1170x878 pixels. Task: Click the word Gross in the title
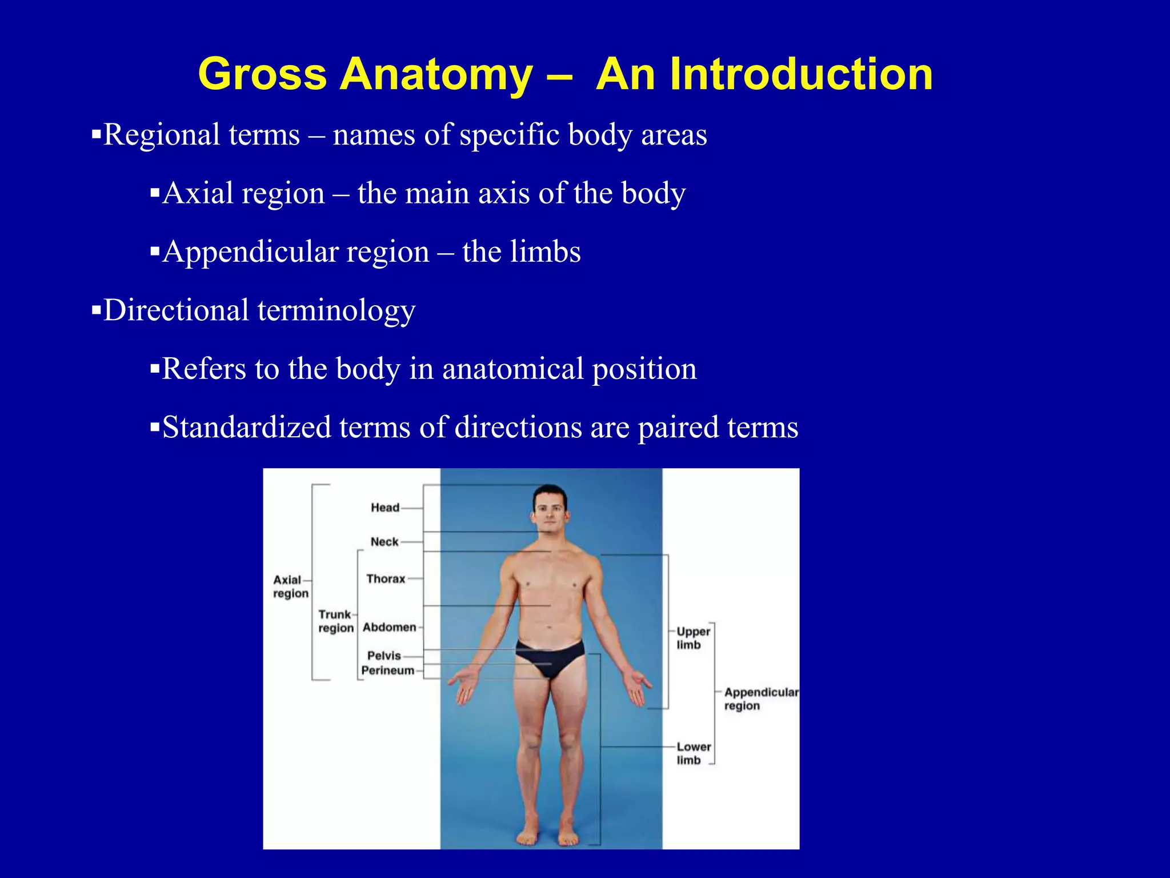[262, 74]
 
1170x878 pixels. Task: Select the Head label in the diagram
[384, 508]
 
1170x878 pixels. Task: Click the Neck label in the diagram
[384, 542]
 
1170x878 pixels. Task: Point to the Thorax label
[386, 579]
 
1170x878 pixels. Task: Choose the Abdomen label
[389, 627]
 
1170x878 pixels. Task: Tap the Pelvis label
[384, 656]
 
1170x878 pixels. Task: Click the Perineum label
[387, 671]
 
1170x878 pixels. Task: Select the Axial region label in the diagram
[290, 586]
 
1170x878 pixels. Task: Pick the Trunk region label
[336, 621]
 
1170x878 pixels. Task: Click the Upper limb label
[692, 638]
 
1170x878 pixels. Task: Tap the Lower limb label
[693, 753]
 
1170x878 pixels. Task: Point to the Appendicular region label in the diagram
[760, 699]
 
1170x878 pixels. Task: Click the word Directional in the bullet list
[176, 310]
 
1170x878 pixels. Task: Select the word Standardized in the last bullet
[246, 428]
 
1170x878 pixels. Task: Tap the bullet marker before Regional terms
[96, 135]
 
